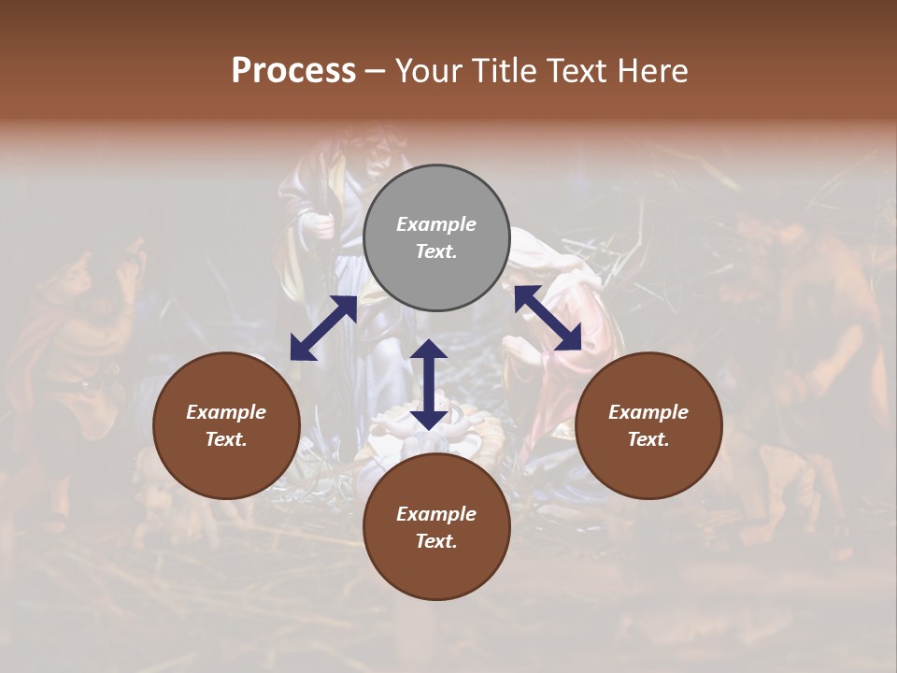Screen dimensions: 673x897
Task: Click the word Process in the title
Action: pos(293,71)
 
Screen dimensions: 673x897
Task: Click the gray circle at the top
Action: pos(436,238)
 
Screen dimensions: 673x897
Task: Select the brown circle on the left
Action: pos(226,425)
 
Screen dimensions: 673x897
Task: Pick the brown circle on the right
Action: pos(648,425)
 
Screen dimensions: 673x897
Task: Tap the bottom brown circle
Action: pos(436,527)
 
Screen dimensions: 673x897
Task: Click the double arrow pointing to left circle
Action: pos(323,328)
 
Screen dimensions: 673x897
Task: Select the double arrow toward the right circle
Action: pos(548,318)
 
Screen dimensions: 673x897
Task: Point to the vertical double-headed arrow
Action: pos(429,384)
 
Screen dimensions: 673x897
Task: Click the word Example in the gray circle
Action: pos(436,224)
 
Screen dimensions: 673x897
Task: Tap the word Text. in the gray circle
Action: pos(436,251)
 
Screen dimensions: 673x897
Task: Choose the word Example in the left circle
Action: pos(226,412)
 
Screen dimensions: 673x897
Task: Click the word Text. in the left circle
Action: pos(226,439)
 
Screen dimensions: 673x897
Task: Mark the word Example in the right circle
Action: pos(648,412)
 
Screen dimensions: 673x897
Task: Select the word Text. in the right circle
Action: pos(648,439)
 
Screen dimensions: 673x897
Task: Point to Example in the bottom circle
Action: pos(436,514)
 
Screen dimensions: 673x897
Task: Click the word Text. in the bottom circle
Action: pos(436,541)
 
